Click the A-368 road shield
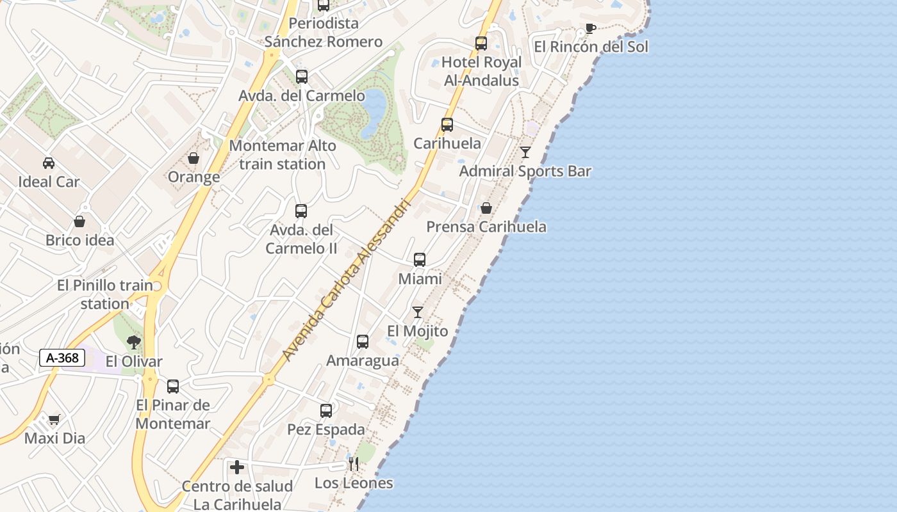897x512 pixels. pos(62,358)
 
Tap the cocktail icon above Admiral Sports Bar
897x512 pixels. pos(525,152)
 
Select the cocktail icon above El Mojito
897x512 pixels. pos(418,312)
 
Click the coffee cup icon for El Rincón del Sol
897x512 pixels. pos(590,28)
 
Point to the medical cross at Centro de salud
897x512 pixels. pos(237,467)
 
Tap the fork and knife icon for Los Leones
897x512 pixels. pos(354,464)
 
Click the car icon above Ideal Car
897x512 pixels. pos(49,163)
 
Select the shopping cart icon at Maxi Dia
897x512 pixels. pos(54,420)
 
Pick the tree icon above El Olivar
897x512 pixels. pos(133,342)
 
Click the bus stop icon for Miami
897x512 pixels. pos(420,260)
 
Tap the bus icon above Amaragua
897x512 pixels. pos(363,342)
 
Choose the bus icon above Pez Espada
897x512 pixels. pos(326,411)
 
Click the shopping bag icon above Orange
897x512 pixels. pos(193,158)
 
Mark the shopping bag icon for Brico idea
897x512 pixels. pos(79,221)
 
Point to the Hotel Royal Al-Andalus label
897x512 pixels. pos(482,72)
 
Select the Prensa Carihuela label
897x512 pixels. pos(486,227)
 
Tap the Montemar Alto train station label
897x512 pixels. pos(283,155)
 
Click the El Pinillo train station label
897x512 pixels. pos(105,294)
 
